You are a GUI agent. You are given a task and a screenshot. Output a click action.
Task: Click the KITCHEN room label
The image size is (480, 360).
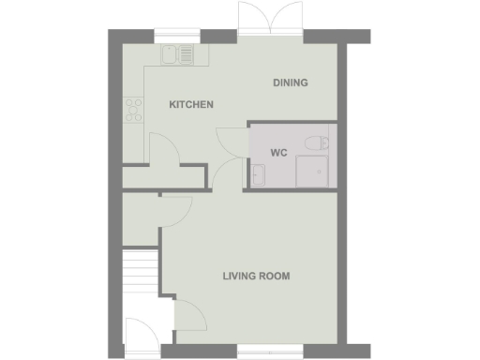tap(191, 105)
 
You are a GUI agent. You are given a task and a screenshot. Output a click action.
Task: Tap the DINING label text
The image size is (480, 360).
tap(291, 83)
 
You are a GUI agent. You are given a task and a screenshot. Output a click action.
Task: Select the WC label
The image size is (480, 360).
tap(278, 152)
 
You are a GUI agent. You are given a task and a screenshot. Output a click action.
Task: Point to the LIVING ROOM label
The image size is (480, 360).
tap(256, 277)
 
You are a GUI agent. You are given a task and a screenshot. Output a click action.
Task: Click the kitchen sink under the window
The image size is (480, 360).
tap(176, 55)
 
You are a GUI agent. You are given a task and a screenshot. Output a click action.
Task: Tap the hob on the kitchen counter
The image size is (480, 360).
tap(132, 110)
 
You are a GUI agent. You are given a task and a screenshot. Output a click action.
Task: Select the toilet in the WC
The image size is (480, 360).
tap(315, 143)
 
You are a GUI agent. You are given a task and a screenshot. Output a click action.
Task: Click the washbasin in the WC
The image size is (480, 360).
tap(258, 175)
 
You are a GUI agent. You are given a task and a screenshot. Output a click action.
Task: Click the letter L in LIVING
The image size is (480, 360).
tap(225, 277)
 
